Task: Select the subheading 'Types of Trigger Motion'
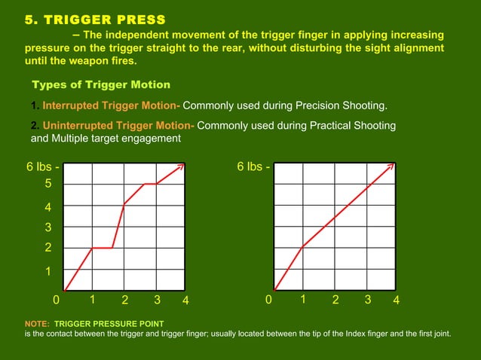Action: tap(100, 84)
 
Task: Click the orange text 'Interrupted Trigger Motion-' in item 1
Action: tap(112, 105)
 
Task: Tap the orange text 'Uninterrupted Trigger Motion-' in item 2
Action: tap(118, 126)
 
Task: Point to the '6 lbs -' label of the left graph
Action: tap(44, 166)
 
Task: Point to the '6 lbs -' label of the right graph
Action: tap(254, 166)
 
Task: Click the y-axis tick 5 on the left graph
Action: tap(47, 184)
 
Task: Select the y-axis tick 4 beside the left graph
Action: tap(47, 206)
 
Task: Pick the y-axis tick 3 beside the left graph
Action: tap(47, 227)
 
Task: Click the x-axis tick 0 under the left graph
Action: tap(56, 301)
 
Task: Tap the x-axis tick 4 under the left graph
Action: tap(186, 301)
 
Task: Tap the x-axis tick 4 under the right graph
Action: tap(397, 301)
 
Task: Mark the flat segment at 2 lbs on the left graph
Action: tap(103, 248)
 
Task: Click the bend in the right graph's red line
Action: tap(302, 247)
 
